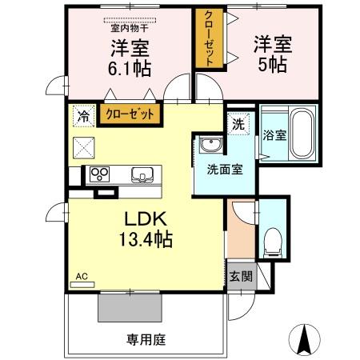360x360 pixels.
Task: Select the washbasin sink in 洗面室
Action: coord(210,146)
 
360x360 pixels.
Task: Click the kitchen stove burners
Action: coord(102,174)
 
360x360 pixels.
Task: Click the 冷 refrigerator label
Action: coord(83,114)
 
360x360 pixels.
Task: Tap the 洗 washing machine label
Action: coord(238,124)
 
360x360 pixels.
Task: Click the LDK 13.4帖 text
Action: coord(146,228)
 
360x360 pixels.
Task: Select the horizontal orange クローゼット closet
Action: coord(130,114)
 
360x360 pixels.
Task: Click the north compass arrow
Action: coord(305,340)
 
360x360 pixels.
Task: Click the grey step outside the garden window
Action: coord(130,305)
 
